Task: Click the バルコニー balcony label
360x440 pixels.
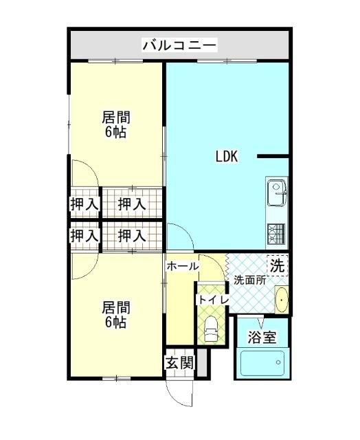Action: [179, 46]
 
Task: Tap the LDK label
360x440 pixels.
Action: [226, 156]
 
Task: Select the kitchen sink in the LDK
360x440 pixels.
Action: [277, 190]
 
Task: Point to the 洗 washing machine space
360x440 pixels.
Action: [277, 265]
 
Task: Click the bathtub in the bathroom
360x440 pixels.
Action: [262, 362]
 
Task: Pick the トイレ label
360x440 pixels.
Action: [210, 300]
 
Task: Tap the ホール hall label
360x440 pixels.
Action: [182, 266]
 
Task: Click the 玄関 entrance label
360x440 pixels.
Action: [179, 363]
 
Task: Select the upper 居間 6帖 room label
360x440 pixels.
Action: [116, 124]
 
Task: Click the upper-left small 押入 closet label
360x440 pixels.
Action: [85, 203]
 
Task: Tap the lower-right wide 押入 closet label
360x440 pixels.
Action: [131, 235]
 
